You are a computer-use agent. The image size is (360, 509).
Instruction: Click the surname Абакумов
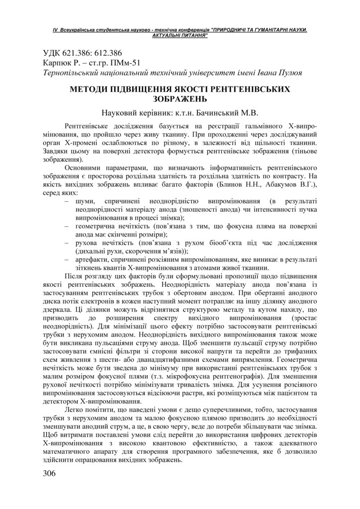(x=276, y=185)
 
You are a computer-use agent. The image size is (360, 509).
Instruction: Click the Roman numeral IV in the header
(x=55, y=30)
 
